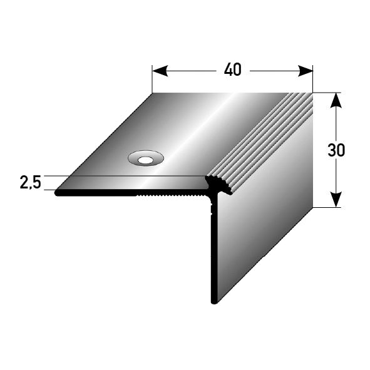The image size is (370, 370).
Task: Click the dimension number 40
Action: point(233,70)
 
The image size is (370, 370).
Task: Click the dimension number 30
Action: point(336,150)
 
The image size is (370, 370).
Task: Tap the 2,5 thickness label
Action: point(31,182)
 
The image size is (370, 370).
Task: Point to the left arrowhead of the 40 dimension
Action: point(160,71)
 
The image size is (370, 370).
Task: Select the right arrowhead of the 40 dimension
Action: point(305,71)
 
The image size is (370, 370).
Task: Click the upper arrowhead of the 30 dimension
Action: point(336,101)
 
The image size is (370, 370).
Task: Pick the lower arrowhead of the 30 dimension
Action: point(336,200)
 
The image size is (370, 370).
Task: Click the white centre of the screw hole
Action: point(146,160)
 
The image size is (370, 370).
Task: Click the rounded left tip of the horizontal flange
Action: point(56,193)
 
